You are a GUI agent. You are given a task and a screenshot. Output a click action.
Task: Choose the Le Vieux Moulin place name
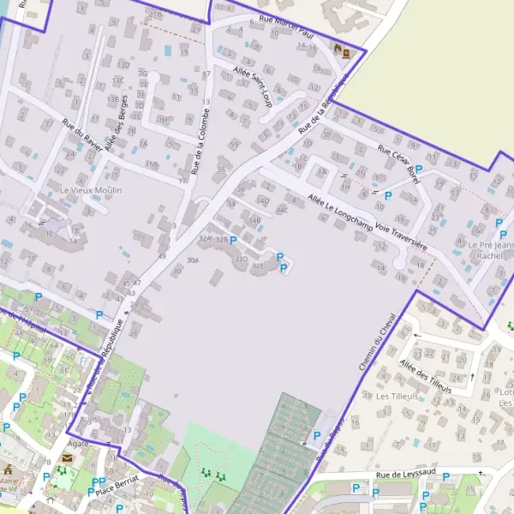91,189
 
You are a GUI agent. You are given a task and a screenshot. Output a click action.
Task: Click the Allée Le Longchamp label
338,206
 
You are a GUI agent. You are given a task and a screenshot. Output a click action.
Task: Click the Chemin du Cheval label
378,342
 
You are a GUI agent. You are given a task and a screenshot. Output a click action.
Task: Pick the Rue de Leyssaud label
407,474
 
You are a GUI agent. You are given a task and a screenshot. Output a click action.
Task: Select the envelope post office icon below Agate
67,459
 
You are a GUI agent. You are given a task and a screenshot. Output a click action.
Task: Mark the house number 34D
262,200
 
